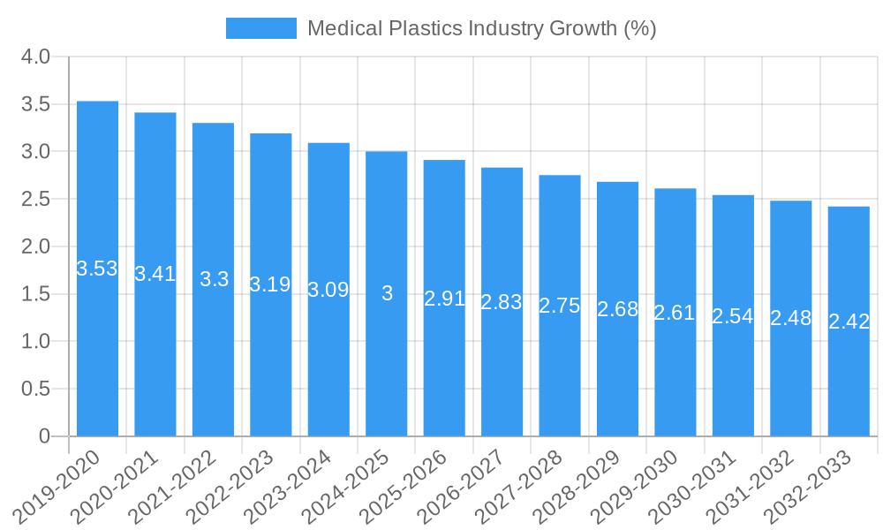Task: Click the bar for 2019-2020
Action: pos(97,353)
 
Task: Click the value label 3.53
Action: pos(97,269)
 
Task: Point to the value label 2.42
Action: pos(849,322)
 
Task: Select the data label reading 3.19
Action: pos(270,284)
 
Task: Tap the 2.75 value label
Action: pos(560,306)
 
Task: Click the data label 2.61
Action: pos(675,313)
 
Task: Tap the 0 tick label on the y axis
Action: pos(45,436)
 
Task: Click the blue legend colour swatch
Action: pos(261,28)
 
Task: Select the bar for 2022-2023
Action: pos(271,371)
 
